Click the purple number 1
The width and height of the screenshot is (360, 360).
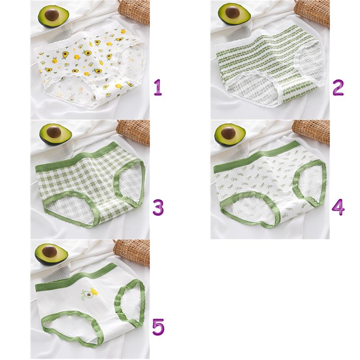pyautogui.click(x=158, y=88)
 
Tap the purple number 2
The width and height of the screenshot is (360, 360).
pyautogui.click(x=338, y=88)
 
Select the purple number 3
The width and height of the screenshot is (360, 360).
pyautogui.click(x=158, y=207)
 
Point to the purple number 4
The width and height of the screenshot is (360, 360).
pyautogui.click(x=338, y=207)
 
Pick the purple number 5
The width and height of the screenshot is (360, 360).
pyautogui.click(x=158, y=327)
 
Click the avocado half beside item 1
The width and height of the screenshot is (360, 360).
pyautogui.click(x=54, y=17)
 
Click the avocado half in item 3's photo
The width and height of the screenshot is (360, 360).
pyautogui.click(x=55, y=135)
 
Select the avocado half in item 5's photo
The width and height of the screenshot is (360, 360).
pyautogui.click(x=51, y=254)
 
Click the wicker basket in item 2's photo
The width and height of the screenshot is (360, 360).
pyautogui.click(x=313, y=13)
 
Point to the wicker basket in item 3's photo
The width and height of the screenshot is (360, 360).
pyautogui.click(x=134, y=132)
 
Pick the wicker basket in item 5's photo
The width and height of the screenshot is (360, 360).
pyautogui.click(x=132, y=252)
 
